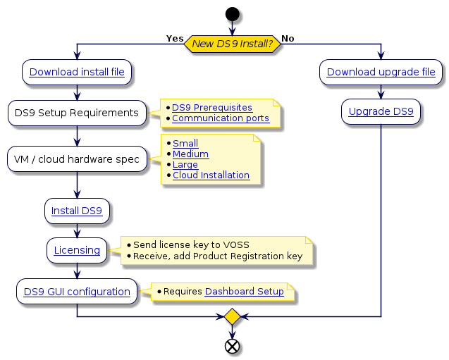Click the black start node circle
point(232,13)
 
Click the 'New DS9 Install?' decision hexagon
point(232,44)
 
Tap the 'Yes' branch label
point(174,38)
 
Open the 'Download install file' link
point(77,72)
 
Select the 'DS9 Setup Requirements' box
point(77,113)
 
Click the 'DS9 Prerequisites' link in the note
point(212,107)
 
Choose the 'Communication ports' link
point(221,118)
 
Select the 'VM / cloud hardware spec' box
point(77,159)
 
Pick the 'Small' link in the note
point(185,143)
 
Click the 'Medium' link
point(190,154)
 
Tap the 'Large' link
point(186,164)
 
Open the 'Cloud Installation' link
point(211,175)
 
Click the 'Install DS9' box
point(77,210)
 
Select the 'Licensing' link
point(77,250)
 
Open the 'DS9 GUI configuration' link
point(77,291)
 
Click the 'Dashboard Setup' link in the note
point(244,291)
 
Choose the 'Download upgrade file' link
point(381,72)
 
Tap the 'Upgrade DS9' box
point(381,111)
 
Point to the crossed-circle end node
point(232,345)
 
